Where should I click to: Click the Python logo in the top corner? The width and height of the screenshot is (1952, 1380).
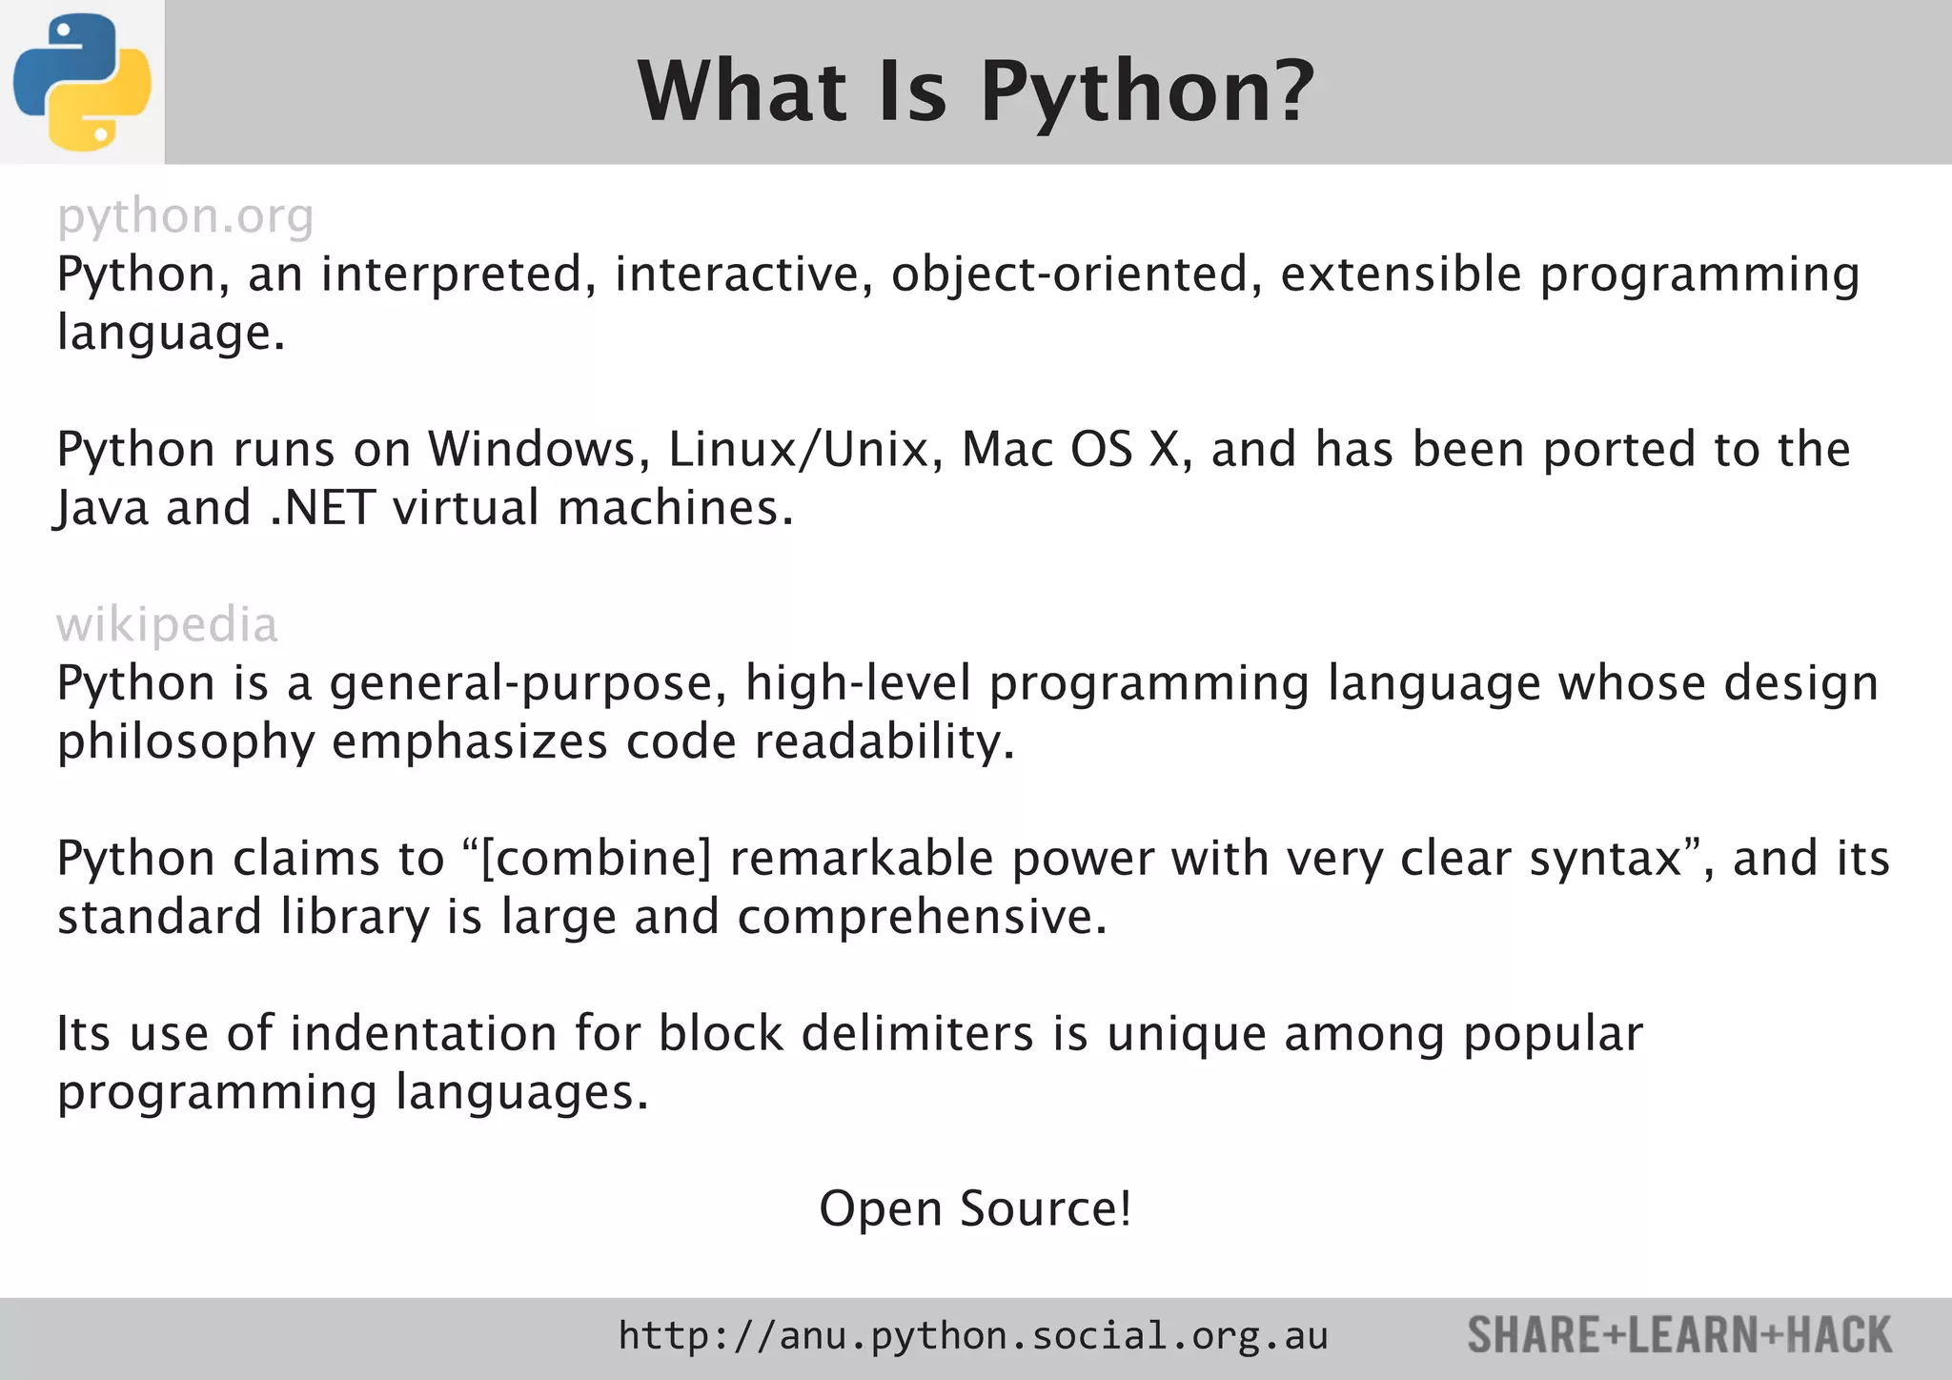click(x=82, y=82)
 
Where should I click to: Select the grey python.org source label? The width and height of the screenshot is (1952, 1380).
click(x=185, y=216)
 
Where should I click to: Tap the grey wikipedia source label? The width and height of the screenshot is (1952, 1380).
click(x=167, y=625)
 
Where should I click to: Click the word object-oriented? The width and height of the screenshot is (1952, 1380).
click(x=1068, y=274)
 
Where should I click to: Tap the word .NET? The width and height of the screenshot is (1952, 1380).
click(x=323, y=508)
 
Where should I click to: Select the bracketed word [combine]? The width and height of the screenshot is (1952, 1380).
click(x=597, y=859)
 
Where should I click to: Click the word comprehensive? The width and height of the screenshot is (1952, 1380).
click(x=922, y=917)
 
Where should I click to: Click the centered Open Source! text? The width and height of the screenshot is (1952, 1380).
click(x=975, y=1208)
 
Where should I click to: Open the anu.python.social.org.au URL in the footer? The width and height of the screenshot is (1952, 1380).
click(x=972, y=1336)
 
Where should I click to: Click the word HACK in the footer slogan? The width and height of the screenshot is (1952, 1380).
click(x=1839, y=1335)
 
